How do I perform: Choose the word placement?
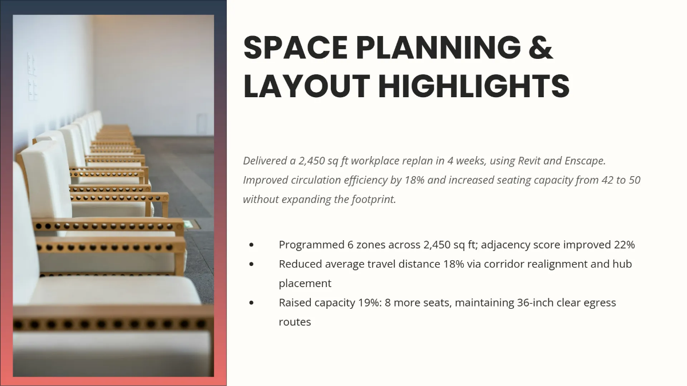(x=305, y=284)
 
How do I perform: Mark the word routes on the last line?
(x=295, y=322)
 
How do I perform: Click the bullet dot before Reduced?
(x=251, y=264)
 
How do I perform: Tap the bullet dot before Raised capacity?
(x=251, y=303)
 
